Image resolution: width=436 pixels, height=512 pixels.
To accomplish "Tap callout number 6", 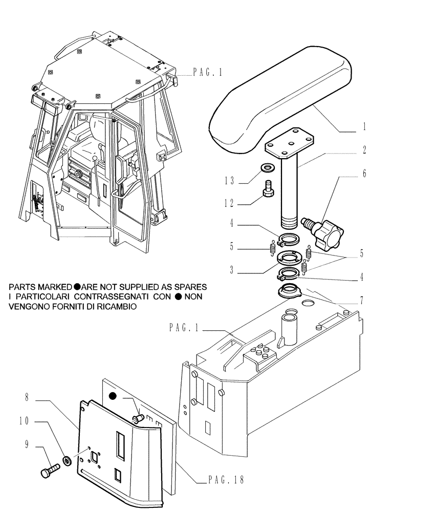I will coord(363,174).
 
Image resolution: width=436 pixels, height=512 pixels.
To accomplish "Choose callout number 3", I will coord(232,270).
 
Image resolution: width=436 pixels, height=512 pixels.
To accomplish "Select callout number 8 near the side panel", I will coord(27,397).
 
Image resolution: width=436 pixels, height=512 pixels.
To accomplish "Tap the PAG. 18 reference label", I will coord(226,480).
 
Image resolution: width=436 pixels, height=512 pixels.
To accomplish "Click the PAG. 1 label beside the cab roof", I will coord(207,73).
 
